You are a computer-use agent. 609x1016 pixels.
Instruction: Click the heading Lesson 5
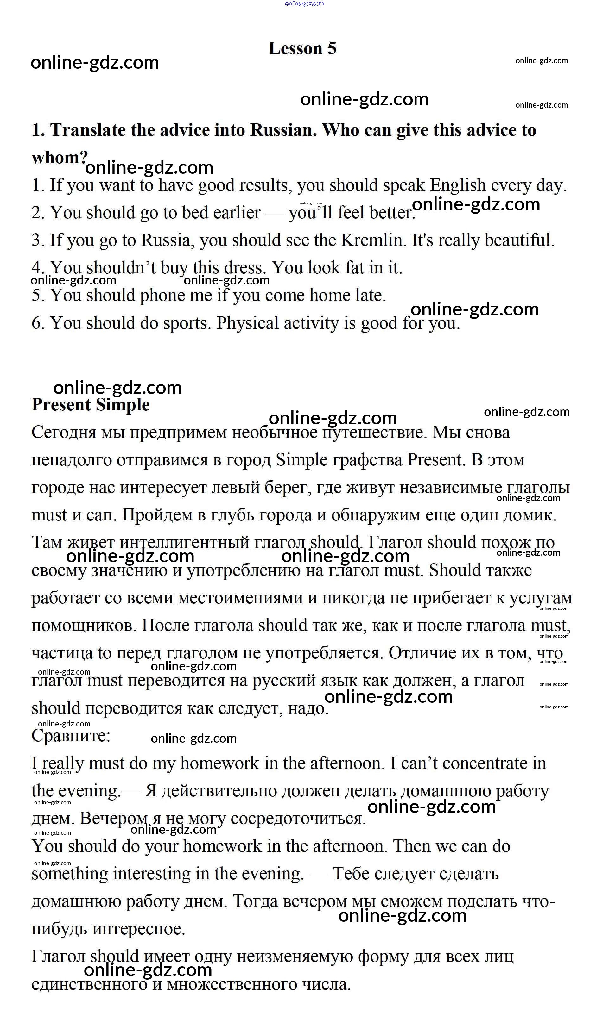[302, 48]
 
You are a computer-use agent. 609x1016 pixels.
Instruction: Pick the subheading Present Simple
[91, 405]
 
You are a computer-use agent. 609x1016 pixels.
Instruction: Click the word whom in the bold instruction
[57, 158]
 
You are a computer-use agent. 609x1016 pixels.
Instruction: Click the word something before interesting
[70, 874]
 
